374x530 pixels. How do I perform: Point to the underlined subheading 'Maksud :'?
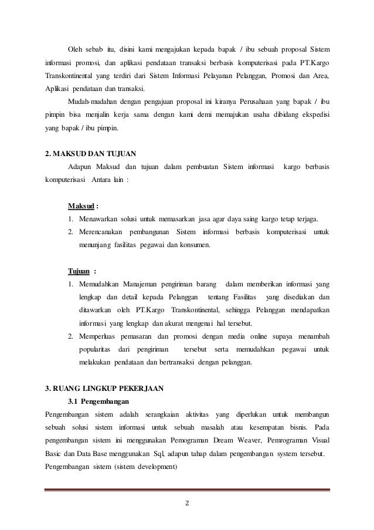tap(83, 206)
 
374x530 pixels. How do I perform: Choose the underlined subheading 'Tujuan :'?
tap(82, 271)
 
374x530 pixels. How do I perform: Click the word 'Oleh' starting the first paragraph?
tap(77, 48)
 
